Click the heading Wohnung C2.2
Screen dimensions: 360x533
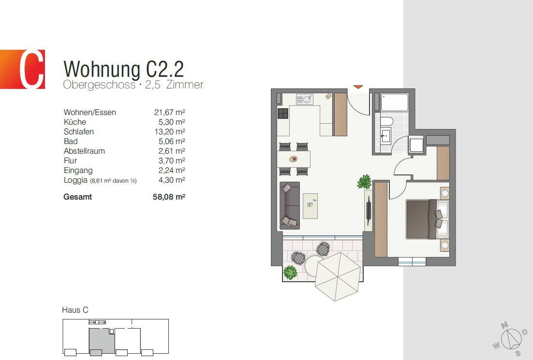coord(123,69)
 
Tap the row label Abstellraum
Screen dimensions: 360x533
coord(84,151)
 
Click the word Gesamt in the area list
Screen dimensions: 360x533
coord(77,197)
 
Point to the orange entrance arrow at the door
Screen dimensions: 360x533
coord(358,87)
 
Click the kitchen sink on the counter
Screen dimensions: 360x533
coord(305,100)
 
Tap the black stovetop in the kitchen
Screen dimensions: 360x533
coord(283,114)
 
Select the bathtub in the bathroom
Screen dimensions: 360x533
coord(394,102)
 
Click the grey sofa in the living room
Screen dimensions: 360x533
coord(289,205)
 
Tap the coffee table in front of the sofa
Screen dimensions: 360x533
coord(310,205)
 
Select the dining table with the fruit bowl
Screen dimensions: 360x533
coord(294,159)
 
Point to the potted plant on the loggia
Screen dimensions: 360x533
coord(290,272)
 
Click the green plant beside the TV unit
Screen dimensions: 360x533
coord(365,182)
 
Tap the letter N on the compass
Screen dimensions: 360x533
coord(504,325)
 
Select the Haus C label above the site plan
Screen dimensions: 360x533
coord(75,310)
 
